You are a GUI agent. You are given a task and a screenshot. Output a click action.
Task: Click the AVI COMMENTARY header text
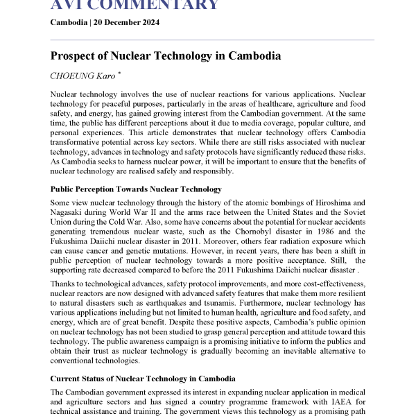[135, 6]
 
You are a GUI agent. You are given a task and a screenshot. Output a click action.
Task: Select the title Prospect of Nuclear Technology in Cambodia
[166, 55]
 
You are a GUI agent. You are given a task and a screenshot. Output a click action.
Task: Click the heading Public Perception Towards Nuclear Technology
[136, 189]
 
